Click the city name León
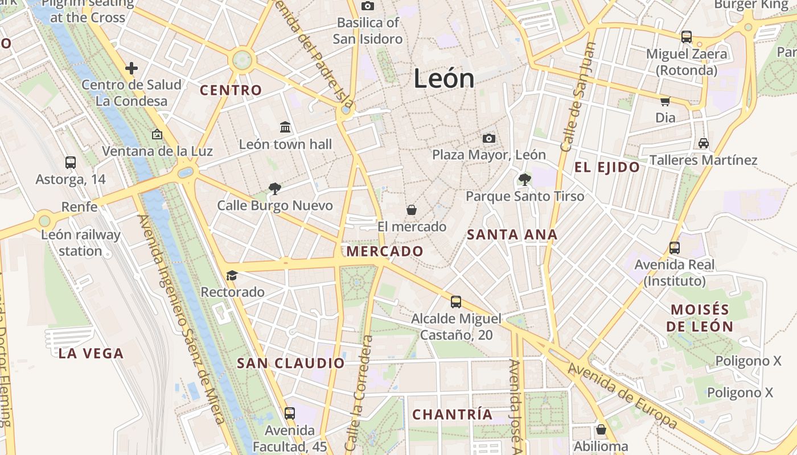tap(444, 78)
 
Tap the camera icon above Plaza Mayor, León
tap(488, 138)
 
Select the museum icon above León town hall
tap(285, 126)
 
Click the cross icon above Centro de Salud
tap(132, 68)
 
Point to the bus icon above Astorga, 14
tap(71, 163)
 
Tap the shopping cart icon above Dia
tap(665, 101)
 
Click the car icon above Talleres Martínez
tap(704, 143)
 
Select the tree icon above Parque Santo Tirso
tap(524, 180)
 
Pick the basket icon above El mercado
tap(412, 210)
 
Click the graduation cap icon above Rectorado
tap(232, 276)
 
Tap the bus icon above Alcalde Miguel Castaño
tap(455, 302)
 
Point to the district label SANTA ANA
tap(512, 234)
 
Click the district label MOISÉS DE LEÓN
tap(700, 318)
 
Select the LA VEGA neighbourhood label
tap(91, 353)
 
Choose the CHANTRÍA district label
tap(453, 415)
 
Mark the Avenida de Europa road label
tap(623, 396)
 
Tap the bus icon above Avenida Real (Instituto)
tap(675, 248)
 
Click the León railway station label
tap(80, 243)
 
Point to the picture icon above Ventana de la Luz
tap(157, 135)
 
